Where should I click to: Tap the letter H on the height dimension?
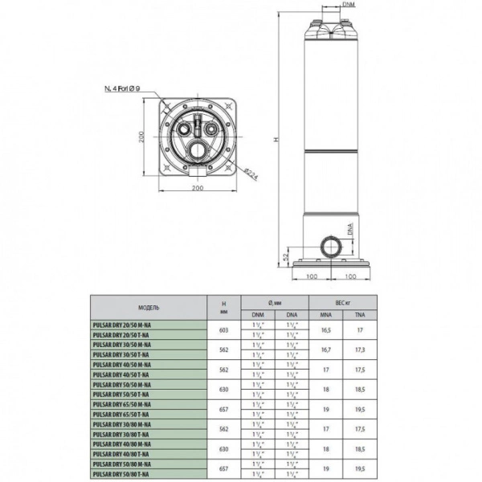pyautogui.click(x=276, y=138)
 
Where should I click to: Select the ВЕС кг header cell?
pyautogui.click(x=342, y=302)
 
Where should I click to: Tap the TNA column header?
pyautogui.click(x=358, y=314)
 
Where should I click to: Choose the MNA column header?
pyautogui.click(x=326, y=314)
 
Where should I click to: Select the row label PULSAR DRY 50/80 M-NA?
pyautogui.click(x=122, y=465)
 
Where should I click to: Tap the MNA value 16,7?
pyautogui.click(x=326, y=349)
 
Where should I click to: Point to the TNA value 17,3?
pyautogui.click(x=358, y=349)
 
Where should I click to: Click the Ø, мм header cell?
pyautogui.click(x=275, y=302)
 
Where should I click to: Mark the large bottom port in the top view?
pyautogui.click(x=197, y=149)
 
